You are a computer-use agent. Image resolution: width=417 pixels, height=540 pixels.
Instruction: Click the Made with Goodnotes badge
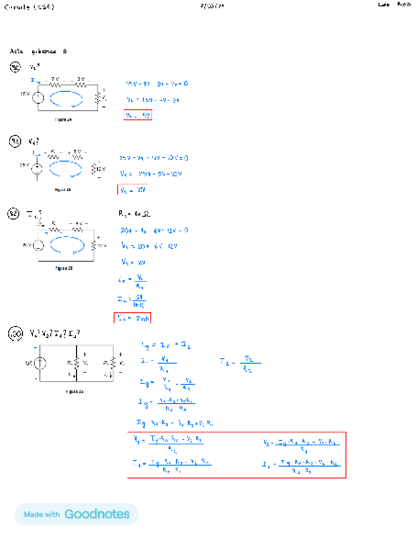click(x=76, y=514)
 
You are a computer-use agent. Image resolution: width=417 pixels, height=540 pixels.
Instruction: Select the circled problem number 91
click(x=15, y=141)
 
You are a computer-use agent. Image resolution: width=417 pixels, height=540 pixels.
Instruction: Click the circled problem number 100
click(x=15, y=332)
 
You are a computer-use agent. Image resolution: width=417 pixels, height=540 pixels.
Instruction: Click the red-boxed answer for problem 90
click(x=138, y=115)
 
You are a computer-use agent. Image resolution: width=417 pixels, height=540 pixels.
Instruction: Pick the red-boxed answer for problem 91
click(x=133, y=189)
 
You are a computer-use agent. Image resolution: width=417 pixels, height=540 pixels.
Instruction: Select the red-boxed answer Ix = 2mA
click(x=132, y=318)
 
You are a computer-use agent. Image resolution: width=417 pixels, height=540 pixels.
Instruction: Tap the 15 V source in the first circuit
click(x=37, y=97)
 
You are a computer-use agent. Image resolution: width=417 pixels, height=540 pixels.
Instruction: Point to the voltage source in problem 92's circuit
click(x=38, y=245)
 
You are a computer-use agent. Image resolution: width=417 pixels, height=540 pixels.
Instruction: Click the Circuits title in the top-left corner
click(x=29, y=6)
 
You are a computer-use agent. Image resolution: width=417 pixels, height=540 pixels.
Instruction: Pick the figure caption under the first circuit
click(x=64, y=119)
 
